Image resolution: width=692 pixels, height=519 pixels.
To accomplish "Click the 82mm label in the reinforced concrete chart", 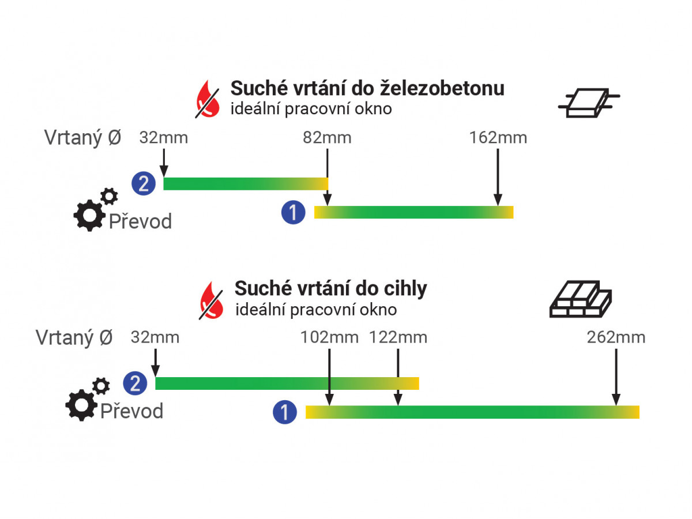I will (x=327, y=138).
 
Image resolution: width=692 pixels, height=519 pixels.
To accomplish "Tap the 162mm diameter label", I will (x=498, y=138).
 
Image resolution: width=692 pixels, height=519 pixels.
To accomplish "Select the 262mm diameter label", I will (x=616, y=338).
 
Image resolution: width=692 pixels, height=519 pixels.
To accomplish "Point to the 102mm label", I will (x=329, y=338).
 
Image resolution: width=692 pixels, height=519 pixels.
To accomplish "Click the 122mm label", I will (x=398, y=338).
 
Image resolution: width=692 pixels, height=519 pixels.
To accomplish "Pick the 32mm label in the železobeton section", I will (x=164, y=138).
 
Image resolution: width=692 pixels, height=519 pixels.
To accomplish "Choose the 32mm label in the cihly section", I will (x=155, y=338).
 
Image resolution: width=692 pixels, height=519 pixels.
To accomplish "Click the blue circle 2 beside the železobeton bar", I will (x=143, y=184).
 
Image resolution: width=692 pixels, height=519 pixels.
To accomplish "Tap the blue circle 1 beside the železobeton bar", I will (x=293, y=212).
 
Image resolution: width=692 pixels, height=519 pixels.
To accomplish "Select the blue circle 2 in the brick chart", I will (x=135, y=383).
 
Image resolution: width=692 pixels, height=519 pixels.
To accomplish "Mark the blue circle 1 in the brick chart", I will (x=285, y=412).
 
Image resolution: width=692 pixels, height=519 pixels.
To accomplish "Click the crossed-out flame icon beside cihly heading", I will (x=212, y=299).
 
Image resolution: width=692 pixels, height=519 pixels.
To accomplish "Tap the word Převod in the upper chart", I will (x=140, y=221).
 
